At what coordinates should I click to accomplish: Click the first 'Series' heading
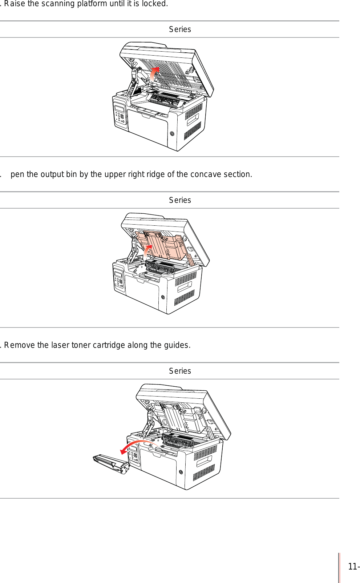(180, 29)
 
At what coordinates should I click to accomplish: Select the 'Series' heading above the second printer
(180, 200)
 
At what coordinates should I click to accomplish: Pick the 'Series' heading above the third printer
(180, 371)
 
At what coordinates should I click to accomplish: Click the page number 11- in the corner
(353, 567)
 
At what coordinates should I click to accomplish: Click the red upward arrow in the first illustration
(154, 73)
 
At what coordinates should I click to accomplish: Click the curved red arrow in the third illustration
(136, 445)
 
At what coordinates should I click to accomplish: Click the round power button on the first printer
(172, 134)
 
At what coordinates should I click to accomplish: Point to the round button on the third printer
(181, 472)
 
